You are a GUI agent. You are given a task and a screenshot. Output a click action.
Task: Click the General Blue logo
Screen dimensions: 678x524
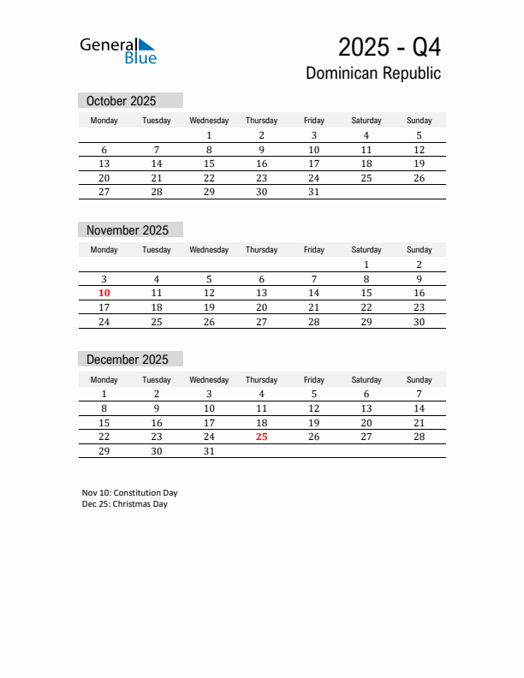tap(118, 51)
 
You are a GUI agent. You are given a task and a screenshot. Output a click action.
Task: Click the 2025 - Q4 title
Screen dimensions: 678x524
tap(390, 46)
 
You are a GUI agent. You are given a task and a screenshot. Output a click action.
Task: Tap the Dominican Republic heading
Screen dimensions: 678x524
tap(373, 74)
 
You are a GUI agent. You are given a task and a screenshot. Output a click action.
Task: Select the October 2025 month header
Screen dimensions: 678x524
tap(122, 101)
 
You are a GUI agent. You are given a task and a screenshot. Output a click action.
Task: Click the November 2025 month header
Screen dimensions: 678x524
tap(128, 230)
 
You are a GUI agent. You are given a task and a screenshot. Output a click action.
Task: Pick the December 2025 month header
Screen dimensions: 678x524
tap(128, 360)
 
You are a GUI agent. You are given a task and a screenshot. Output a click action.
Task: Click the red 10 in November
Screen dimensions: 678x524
tap(104, 293)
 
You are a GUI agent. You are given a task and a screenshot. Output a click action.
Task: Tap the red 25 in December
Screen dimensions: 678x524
tap(261, 437)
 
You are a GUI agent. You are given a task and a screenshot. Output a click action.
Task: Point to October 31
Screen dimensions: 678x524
tap(313, 193)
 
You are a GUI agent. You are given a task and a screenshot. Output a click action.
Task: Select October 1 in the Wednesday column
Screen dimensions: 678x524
tap(209, 135)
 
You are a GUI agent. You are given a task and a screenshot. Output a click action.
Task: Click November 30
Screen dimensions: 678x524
tap(419, 322)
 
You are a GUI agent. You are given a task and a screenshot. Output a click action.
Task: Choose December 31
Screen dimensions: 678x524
tap(209, 451)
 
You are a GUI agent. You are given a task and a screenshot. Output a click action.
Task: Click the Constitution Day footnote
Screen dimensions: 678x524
tap(130, 493)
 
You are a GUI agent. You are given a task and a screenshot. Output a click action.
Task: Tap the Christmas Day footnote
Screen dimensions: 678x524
tap(125, 504)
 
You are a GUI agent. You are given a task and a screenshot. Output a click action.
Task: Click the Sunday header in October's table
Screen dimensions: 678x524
tap(419, 121)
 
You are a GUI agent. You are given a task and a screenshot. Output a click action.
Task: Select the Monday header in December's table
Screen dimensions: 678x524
tap(104, 380)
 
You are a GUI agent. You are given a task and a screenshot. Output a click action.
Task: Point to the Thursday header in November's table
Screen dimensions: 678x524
tap(261, 250)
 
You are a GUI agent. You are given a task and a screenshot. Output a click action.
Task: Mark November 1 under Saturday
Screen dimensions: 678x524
tap(366, 265)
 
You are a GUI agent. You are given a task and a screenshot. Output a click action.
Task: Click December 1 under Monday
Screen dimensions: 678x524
tap(104, 394)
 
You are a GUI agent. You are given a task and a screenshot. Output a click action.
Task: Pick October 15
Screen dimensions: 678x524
tap(209, 164)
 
